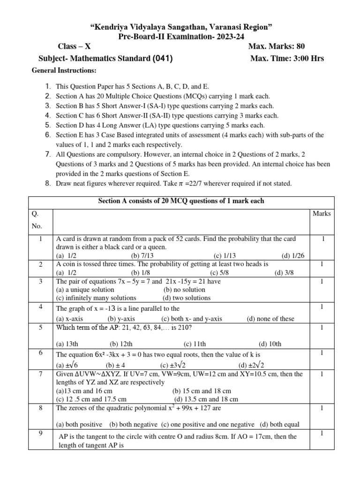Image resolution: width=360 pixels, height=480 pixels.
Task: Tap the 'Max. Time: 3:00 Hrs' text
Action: click(x=287, y=59)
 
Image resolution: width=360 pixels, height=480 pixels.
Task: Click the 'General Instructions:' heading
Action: click(x=64, y=70)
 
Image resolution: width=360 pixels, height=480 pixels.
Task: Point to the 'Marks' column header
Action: click(x=321, y=214)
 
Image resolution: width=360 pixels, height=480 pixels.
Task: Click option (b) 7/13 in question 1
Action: click(x=142, y=255)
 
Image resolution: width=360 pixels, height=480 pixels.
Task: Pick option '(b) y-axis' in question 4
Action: click(x=121, y=319)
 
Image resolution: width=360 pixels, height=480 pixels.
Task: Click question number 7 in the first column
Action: click(x=41, y=374)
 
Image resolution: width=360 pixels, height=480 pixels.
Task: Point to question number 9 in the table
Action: click(x=41, y=434)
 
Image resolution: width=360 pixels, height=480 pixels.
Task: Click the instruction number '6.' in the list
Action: click(x=48, y=135)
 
